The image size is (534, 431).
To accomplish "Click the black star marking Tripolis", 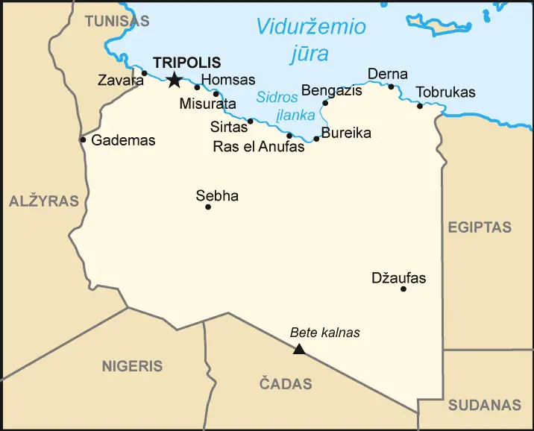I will click(x=174, y=80).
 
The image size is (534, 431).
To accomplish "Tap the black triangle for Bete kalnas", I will click(x=299, y=349).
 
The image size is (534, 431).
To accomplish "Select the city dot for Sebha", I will click(x=208, y=207).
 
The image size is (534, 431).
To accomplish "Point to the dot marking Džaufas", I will click(x=403, y=289).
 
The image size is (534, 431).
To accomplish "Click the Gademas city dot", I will click(x=83, y=139).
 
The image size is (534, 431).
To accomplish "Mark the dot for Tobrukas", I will click(x=420, y=106).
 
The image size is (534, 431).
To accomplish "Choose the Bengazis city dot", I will click(x=325, y=103).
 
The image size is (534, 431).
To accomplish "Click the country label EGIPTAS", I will click(x=480, y=227).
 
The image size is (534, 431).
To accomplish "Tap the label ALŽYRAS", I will click(x=44, y=201).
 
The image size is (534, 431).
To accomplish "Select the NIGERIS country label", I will click(x=132, y=366).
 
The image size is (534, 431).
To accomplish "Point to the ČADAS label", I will click(x=286, y=385).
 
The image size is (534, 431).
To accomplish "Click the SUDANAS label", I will click(x=484, y=406).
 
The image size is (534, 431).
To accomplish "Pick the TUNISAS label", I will click(x=116, y=21).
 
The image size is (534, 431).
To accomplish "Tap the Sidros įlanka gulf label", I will click(x=286, y=105).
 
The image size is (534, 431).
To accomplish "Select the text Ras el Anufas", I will click(x=259, y=147).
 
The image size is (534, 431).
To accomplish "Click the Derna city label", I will click(x=388, y=74).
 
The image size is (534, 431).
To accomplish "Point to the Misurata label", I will click(x=207, y=104).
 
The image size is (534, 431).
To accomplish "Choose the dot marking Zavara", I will click(x=145, y=73).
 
